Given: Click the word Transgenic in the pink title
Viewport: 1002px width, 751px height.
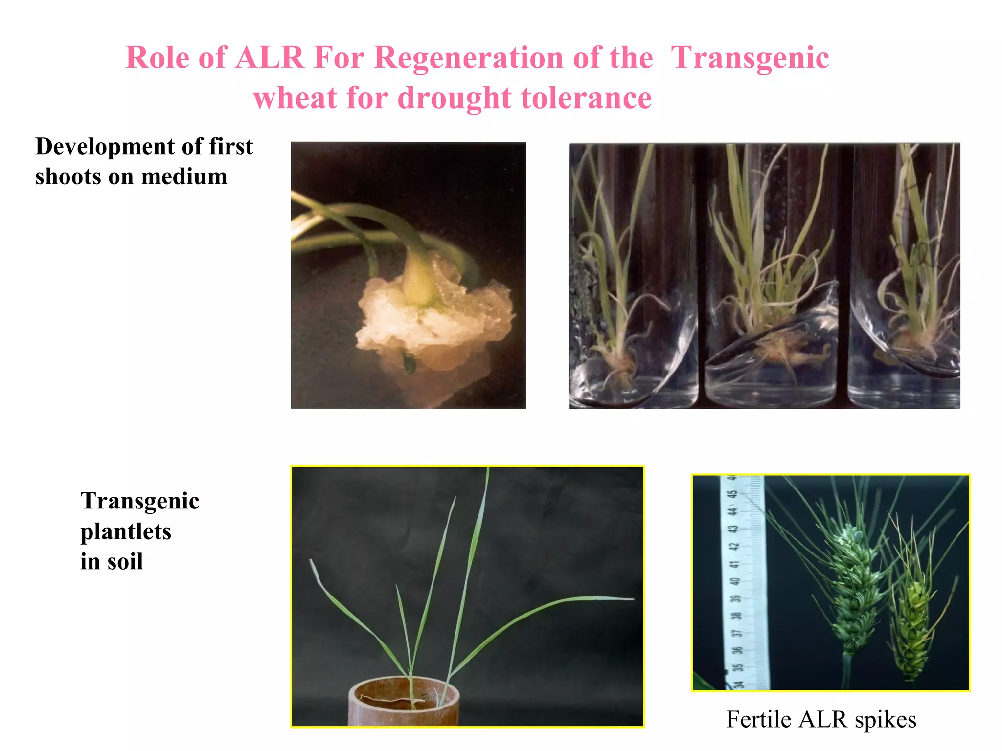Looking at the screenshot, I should click(x=750, y=58).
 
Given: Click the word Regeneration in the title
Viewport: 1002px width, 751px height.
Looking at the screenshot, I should click(x=513, y=58).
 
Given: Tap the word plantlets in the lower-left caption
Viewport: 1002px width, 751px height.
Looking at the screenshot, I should click(x=126, y=531).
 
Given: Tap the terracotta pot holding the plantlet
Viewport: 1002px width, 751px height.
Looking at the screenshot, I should click(x=404, y=704).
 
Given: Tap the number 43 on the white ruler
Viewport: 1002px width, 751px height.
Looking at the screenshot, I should click(x=733, y=529).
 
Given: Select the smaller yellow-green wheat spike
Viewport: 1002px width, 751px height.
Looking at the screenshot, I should click(x=911, y=631).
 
